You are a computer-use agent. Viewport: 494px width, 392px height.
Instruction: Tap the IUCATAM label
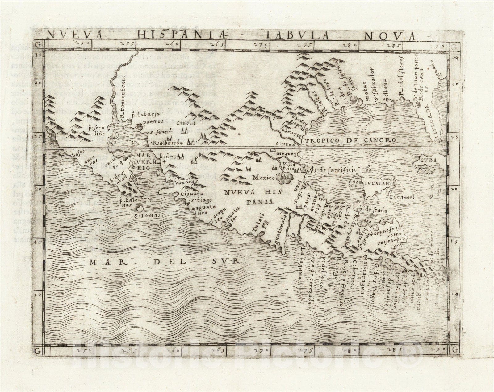tap(378, 185)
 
